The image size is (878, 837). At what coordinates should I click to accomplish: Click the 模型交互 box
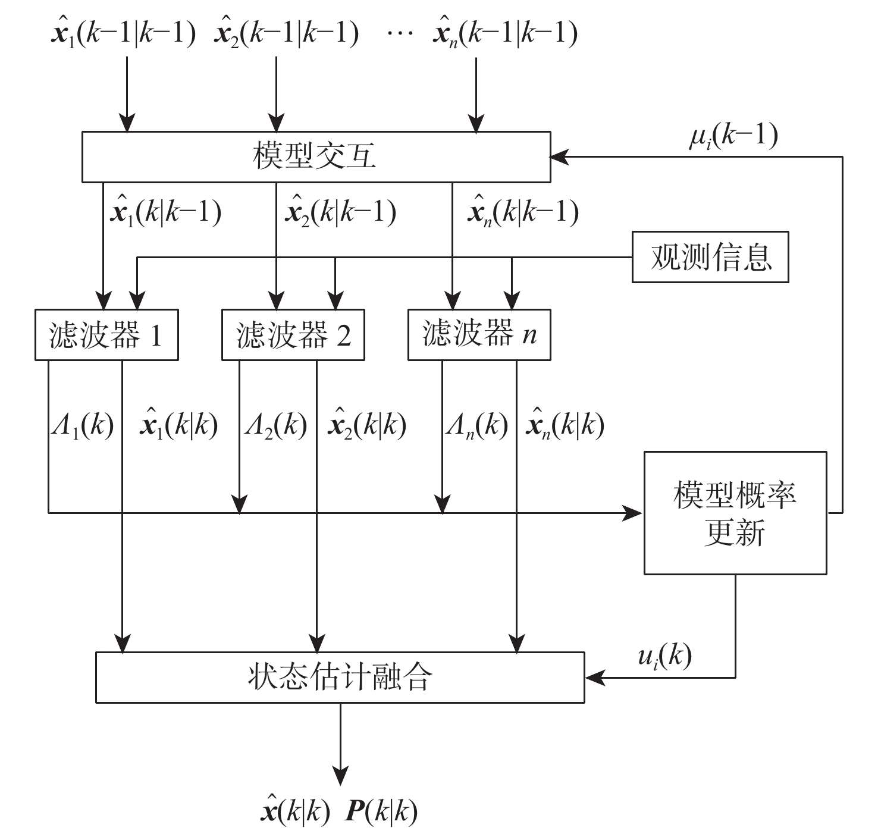pos(316,156)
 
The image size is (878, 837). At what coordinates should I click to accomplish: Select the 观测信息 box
pos(710,257)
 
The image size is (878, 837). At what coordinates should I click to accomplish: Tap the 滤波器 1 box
pos(106,335)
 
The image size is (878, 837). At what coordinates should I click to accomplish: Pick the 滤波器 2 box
pos(293,335)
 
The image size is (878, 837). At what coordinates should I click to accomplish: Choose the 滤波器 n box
pos(479,334)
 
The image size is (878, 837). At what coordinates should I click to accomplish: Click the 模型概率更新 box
pos(735,513)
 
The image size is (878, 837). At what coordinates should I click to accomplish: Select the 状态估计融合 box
pos(340,678)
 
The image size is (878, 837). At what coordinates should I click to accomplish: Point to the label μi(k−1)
pos(733,137)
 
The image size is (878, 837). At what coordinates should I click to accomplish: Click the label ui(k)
pos(665,657)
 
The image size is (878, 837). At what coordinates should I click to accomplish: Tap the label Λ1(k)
pos(82,426)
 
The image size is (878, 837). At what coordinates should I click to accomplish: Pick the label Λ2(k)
pos(275,426)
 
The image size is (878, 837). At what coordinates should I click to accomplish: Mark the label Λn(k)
pos(476,426)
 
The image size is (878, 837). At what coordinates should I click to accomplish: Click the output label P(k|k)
pos(381,811)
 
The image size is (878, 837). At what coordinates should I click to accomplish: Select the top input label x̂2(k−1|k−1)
pos(286,33)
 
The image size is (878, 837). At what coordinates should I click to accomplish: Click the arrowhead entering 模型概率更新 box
pos(634,512)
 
